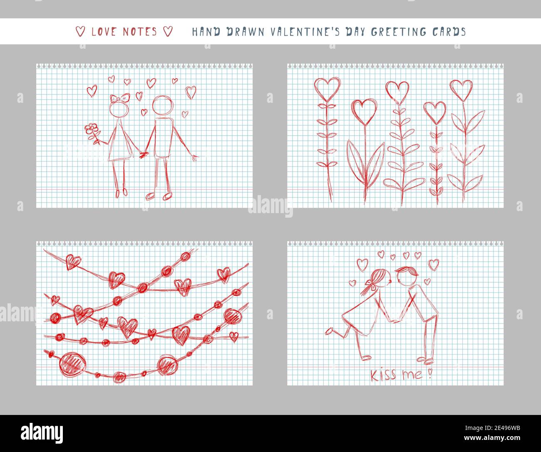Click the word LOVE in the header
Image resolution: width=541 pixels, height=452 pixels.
pos(105,32)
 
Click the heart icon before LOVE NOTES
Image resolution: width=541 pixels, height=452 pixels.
pos(81,32)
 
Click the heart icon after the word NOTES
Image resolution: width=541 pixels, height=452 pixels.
pos(167,32)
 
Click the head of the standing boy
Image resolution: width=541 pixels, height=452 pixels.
pos(161,106)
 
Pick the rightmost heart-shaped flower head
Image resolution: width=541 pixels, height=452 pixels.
pos(461,89)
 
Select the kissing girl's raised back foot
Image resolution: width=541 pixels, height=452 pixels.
pos(330,331)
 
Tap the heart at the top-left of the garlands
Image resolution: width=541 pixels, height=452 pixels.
pos(74,262)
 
